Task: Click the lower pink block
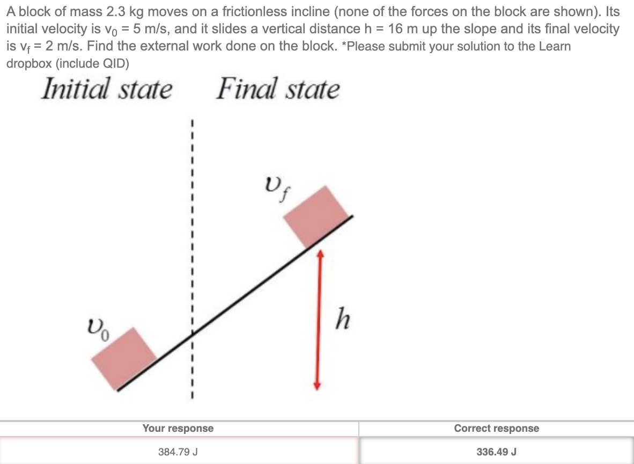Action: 123,357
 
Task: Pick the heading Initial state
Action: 107,89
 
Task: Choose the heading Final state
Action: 278,89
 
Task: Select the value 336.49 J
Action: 496,452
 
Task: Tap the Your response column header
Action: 178,428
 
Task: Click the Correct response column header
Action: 496,428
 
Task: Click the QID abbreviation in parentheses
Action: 114,63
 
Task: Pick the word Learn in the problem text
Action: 555,46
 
